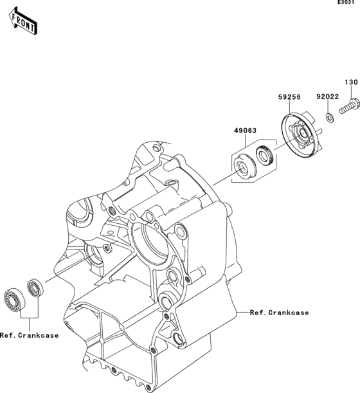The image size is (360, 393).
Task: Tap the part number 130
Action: tap(350, 82)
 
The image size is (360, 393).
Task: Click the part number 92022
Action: tap(327, 96)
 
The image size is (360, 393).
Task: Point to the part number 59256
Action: tap(289, 96)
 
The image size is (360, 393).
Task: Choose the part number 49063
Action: tap(245, 131)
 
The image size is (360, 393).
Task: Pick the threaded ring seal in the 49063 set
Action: tap(265, 156)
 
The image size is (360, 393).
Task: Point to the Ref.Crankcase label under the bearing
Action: tap(29, 335)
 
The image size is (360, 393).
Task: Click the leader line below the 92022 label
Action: tap(328, 106)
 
